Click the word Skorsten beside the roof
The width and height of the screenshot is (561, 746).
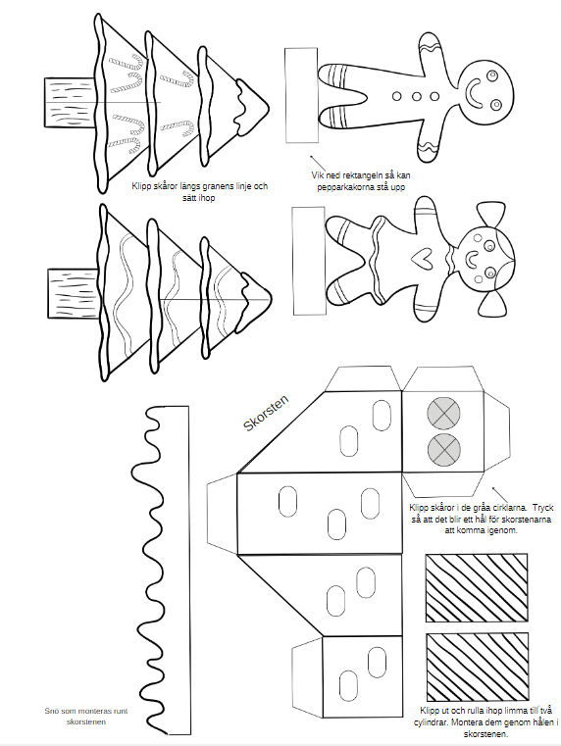(266, 413)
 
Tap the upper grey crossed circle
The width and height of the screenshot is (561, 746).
(443, 413)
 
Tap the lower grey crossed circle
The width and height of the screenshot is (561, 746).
(444, 449)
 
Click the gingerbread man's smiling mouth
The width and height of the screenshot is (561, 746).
(474, 95)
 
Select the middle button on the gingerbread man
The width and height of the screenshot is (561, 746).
(417, 97)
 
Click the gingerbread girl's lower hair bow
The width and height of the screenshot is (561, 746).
(493, 303)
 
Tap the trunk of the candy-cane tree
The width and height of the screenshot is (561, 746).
(71, 103)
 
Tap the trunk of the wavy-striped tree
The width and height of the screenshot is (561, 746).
(75, 293)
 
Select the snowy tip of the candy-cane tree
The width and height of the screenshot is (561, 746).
(252, 107)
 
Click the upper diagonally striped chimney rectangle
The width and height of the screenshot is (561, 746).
(477, 587)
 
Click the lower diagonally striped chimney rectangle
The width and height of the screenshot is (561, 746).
(478, 667)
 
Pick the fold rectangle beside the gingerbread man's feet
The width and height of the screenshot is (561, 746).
(302, 95)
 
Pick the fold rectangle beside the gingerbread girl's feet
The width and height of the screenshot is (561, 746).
(309, 261)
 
